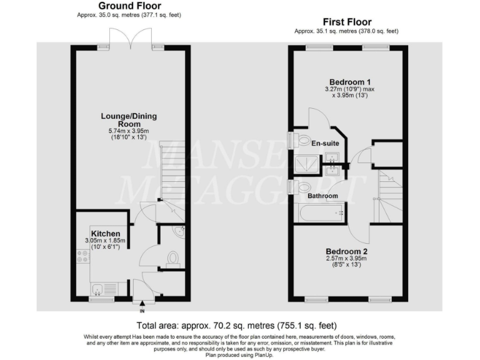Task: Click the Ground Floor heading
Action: tap(131, 6)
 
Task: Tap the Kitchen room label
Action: tap(105, 233)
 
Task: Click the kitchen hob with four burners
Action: tap(81, 256)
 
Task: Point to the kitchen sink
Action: tap(98, 289)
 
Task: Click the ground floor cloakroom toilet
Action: tap(173, 258)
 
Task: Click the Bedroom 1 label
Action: tap(351, 82)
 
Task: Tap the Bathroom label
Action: tap(322, 196)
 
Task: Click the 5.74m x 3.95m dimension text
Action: tap(129, 131)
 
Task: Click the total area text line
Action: tap(237, 325)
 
